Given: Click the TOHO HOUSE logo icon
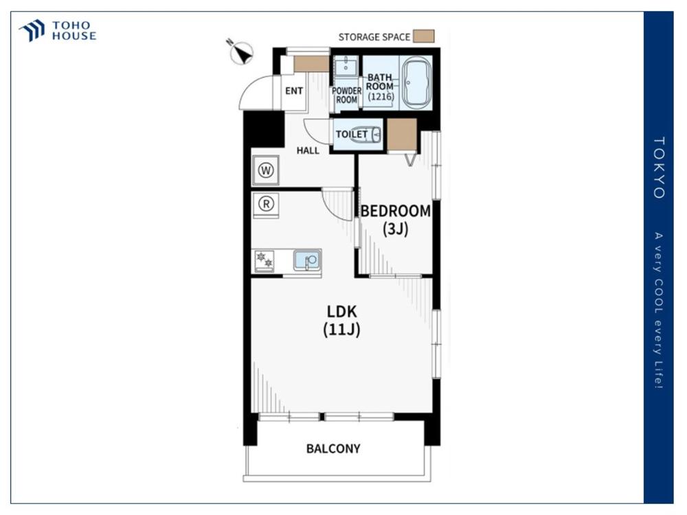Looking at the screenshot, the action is (x=32, y=30).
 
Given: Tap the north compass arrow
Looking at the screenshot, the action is (x=241, y=53).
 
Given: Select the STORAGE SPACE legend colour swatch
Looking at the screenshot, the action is (x=424, y=36).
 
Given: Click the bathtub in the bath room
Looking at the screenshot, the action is (x=416, y=82).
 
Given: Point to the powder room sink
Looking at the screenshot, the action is (x=346, y=66).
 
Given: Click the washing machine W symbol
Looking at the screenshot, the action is (x=265, y=170).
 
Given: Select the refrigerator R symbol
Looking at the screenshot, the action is (x=265, y=204).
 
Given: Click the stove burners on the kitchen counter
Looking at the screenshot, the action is (x=264, y=260).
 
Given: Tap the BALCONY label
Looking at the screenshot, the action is (x=333, y=449).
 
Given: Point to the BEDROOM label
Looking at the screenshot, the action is (x=396, y=211).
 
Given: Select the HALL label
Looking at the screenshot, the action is (x=308, y=150).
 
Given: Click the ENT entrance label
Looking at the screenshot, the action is (x=294, y=91).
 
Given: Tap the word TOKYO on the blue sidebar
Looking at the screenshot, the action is (x=659, y=168).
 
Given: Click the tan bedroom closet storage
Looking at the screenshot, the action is (x=402, y=135).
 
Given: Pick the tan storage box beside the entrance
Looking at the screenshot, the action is (x=311, y=64).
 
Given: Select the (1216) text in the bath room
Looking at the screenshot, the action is (x=381, y=96).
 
